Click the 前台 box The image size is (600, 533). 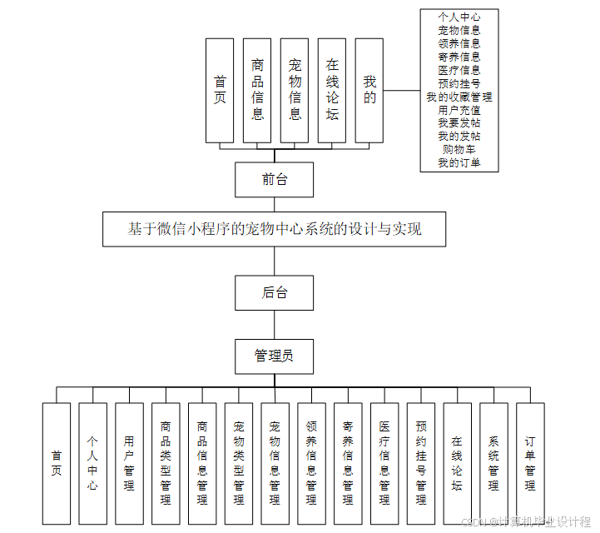(274, 179)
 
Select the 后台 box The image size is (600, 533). (274, 292)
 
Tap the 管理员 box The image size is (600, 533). (274, 356)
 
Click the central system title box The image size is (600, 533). (274, 229)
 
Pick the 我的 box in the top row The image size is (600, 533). (369, 90)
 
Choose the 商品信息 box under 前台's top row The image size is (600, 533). (257, 90)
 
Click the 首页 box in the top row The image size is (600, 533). (220, 90)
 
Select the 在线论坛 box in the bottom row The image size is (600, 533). (457, 463)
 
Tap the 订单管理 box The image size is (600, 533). (530, 463)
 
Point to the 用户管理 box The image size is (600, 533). (129, 463)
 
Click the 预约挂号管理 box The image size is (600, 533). (420, 463)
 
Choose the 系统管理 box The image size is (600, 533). (493, 463)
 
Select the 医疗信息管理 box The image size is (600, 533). (384, 463)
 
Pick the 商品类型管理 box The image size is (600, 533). (166, 463)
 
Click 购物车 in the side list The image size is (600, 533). (459, 149)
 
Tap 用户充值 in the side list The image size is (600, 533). (459, 109)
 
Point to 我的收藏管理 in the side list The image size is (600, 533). (459, 97)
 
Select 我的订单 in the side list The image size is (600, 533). (459, 162)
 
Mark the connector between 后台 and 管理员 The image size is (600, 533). (274, 324)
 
